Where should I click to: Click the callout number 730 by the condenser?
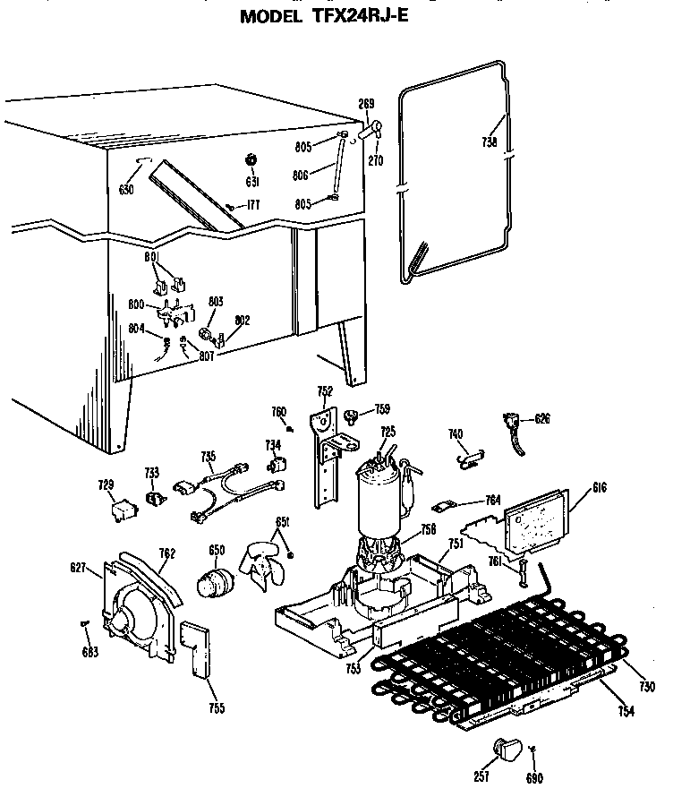(649, 687)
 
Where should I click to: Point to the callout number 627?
(78, 567)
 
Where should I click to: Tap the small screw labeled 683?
(84, 624)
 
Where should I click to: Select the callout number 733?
(152, 472)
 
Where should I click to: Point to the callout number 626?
(542, 418)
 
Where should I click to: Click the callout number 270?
(375, 161)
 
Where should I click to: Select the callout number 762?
(167, 553)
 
